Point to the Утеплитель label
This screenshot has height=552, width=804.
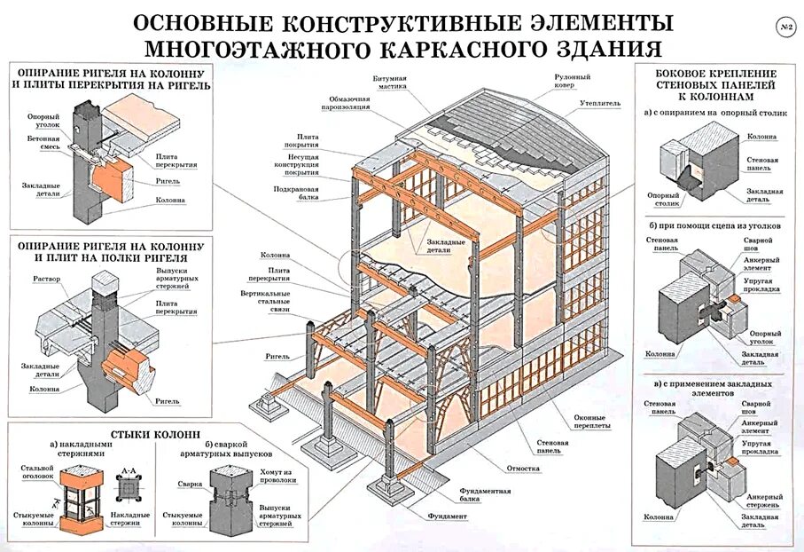pyautogui.click(x=599, y=103)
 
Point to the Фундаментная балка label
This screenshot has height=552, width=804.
pyautogui.click(x=485, y=495)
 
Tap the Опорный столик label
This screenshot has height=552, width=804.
pyautogui.click(x=663, y=200)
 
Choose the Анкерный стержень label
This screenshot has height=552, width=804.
pyautogui.click(x=762, y=501)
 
